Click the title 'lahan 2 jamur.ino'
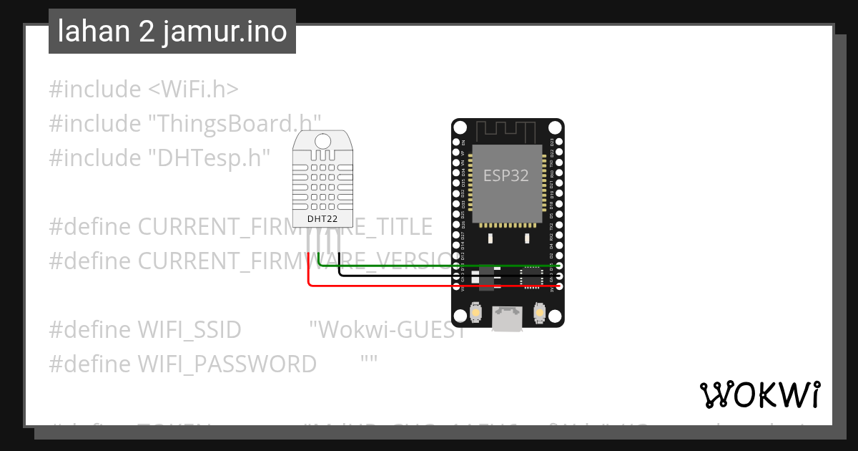[x=172, y=31]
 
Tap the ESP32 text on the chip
[x=506, y=175]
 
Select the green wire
[x=429, y=266]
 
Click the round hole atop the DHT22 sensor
[x=322, y=140]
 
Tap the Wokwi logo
[x=759, y=394]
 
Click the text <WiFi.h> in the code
[x=193, y=89]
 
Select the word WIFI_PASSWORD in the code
[x=226, y=364]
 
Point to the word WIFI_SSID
[x=189, y=330]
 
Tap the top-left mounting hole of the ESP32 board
[x=460, y=129]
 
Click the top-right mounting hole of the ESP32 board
[x=555, y=129]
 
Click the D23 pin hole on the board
[x=559, y=142]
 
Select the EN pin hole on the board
[x=457, y=142]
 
